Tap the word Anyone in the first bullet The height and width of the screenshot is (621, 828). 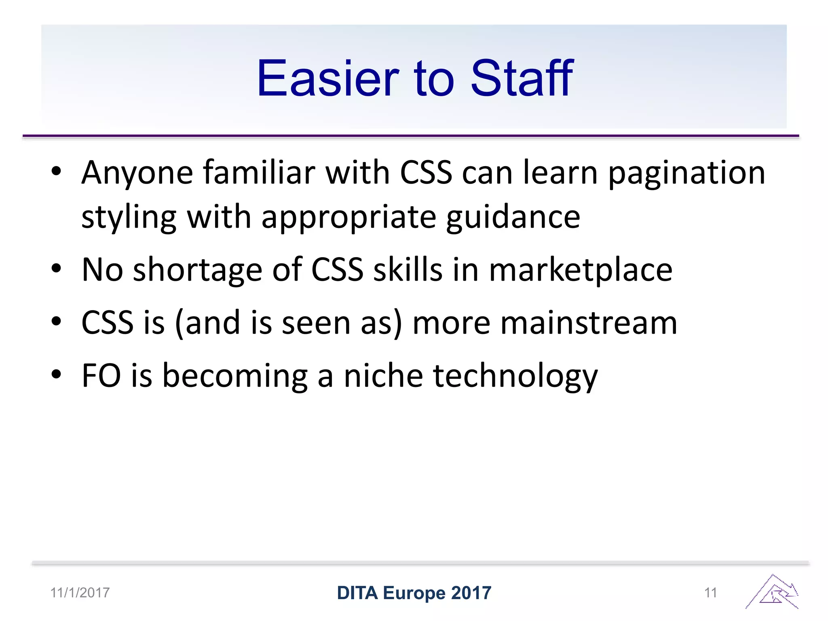pyautogui.click(x=137, y=173)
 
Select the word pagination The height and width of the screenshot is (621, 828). pyautogui.click(x=686, y=173)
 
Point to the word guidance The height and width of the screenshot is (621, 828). pyautogui.click(x=513, y=217)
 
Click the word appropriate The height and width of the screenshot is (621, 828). pyautogui.click(x=349, y=217)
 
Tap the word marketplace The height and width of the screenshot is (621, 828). pyautogui.click(x=581, y=270)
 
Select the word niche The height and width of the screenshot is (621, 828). pyautogui.click(x=383, y=376)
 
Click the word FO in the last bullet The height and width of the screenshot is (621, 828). pyautogui.click(x=101, y=376)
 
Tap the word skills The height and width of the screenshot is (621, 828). pyautogui.click(x=408, y=270)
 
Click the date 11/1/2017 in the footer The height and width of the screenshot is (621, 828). pyautogui.click(x=80, y=593)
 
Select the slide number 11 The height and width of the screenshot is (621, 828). pyautogui.click(x=710, y=593)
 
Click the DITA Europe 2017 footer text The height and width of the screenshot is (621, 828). pyautogui.click(x=414, y=593)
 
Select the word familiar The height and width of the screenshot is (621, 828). pyautogui.click(x=259, y=173)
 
